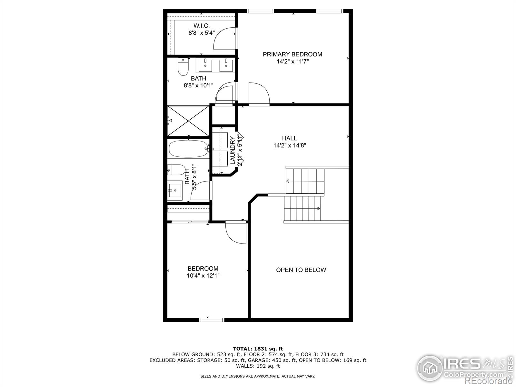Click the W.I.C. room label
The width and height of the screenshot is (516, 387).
(202, 26)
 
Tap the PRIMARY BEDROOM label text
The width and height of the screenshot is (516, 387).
(292, 54)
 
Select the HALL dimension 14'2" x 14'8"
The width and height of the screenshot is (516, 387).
(290, 145)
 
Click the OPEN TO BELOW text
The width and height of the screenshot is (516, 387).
(301, 270)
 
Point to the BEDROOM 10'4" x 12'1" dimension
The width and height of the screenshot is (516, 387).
(203, 276)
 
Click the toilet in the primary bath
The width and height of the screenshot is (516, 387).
(183, 67)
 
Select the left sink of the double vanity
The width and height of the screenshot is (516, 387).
(205, 65)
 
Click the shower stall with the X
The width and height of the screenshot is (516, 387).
(188, 121)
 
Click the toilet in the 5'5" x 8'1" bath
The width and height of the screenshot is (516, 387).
(176, 169)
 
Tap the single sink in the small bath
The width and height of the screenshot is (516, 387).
(174, 191)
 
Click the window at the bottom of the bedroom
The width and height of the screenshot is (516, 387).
(212, 320)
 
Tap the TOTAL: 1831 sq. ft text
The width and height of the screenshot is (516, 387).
(258, 349)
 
